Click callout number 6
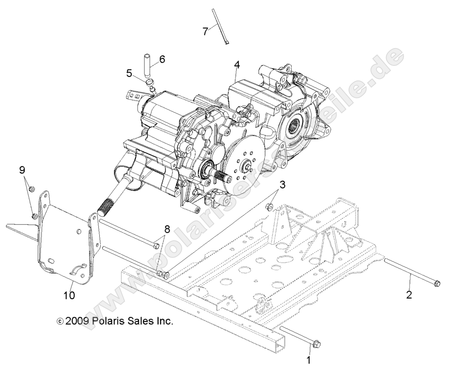[x=162, y=59]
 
